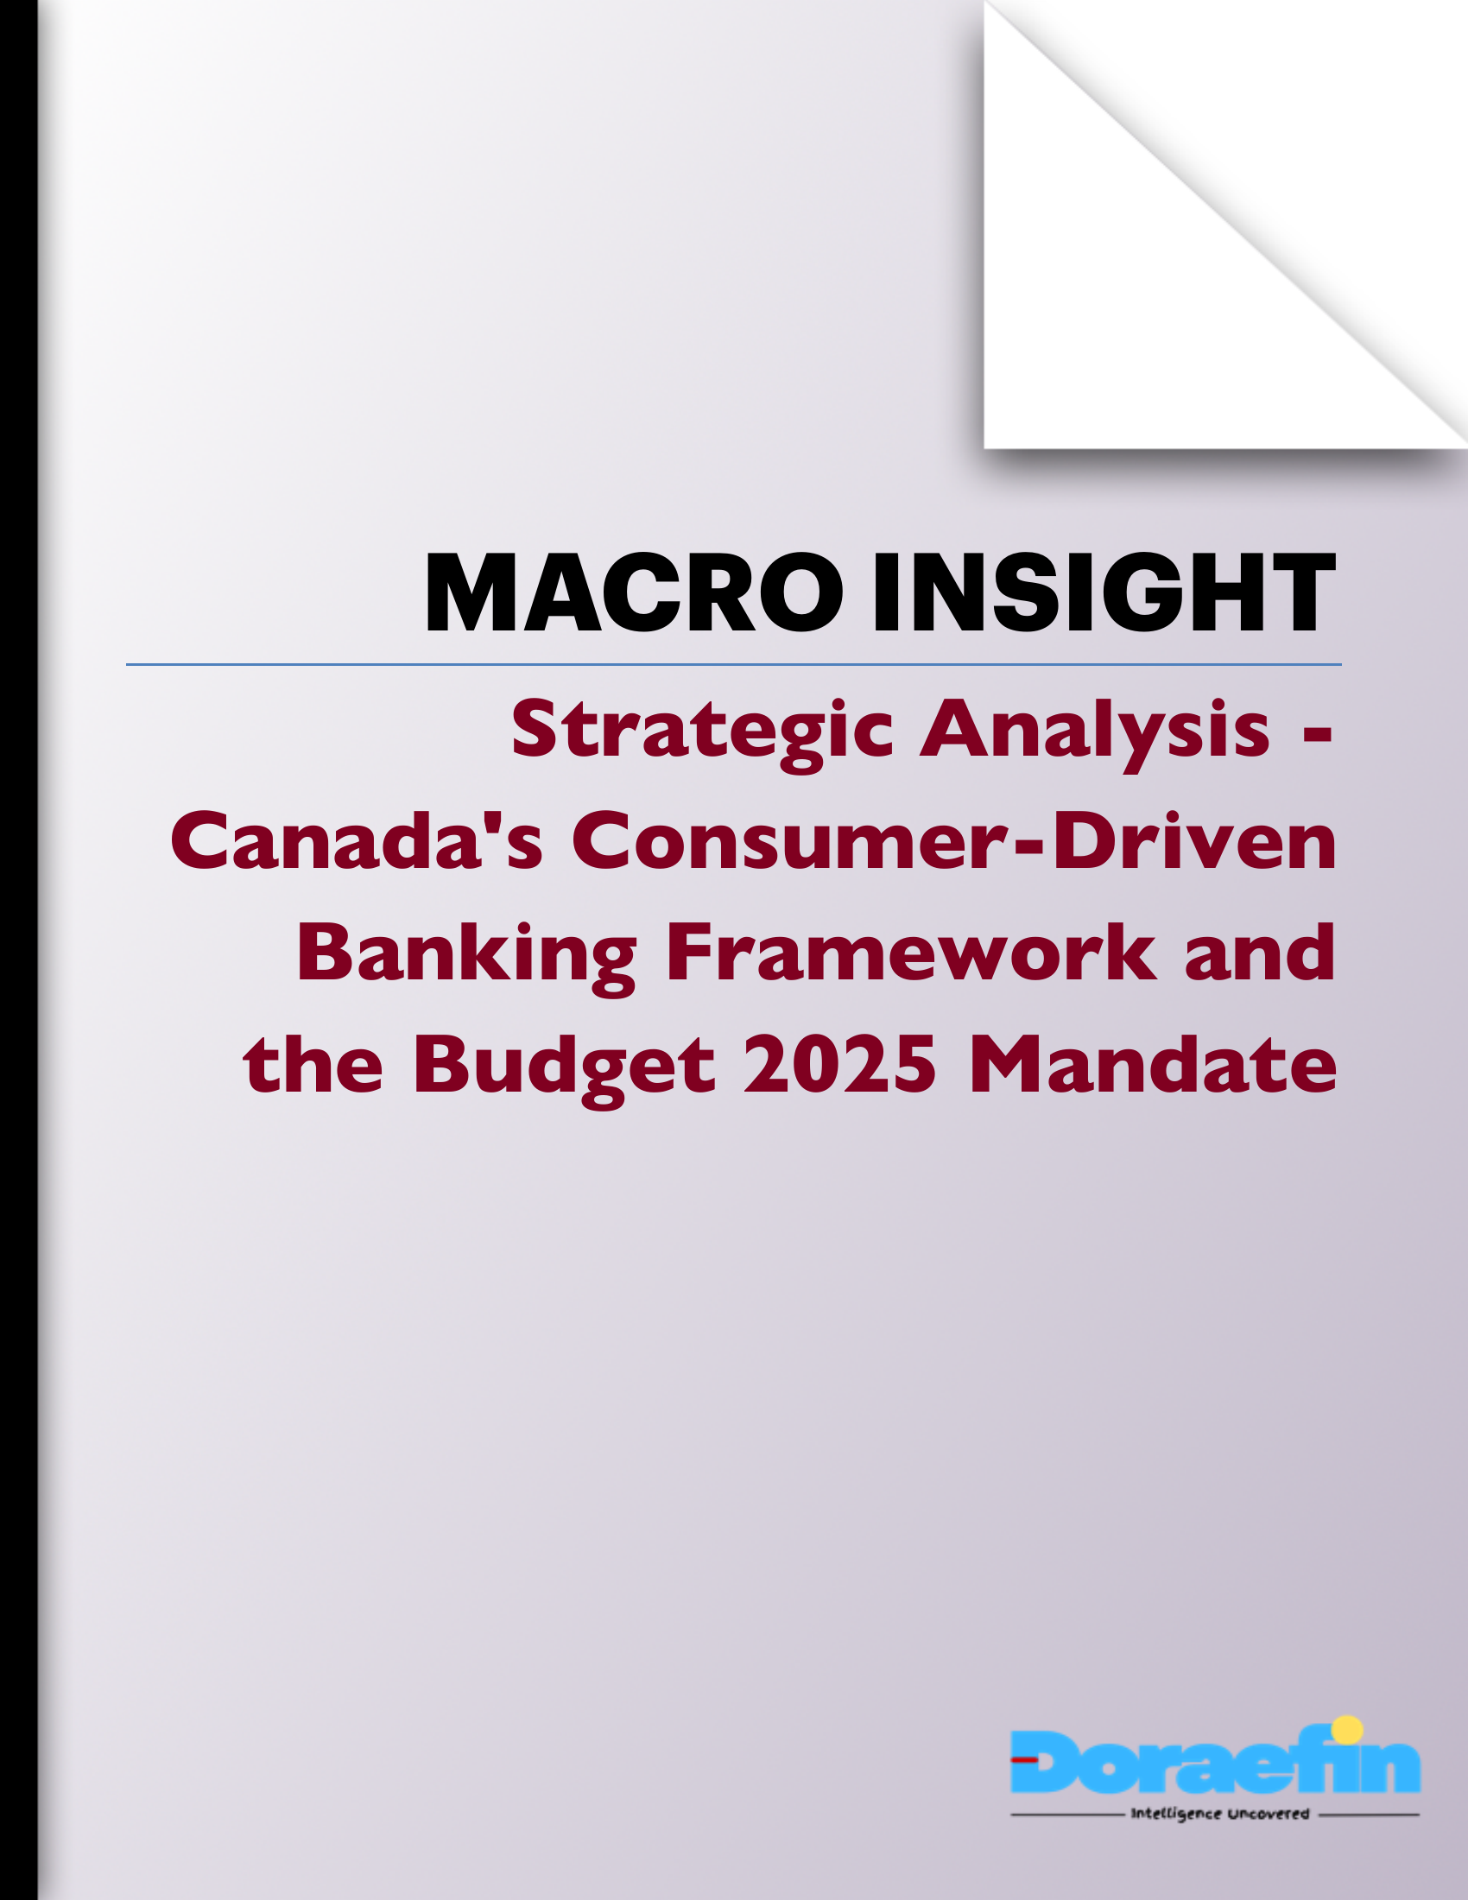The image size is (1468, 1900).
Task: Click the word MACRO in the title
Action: (x=633, y=592)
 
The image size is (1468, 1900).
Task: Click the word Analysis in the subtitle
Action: (x=1095, y=729)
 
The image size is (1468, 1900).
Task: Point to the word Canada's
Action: (x=357, y=840)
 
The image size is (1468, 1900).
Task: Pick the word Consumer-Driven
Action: (x=953, y=840)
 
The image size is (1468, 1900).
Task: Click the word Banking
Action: (x=467, y=954)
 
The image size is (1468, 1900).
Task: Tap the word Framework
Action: (x=911, y=953)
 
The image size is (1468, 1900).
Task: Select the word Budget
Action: (x=565, y=1067)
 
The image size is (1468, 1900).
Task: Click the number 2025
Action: (x=840, y=1065)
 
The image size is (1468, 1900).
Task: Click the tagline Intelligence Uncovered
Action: (x=1219, y=1814)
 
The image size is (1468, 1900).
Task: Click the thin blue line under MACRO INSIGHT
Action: (x=733, y=665)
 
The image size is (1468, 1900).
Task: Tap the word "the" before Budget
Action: (x=313, y=1065)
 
